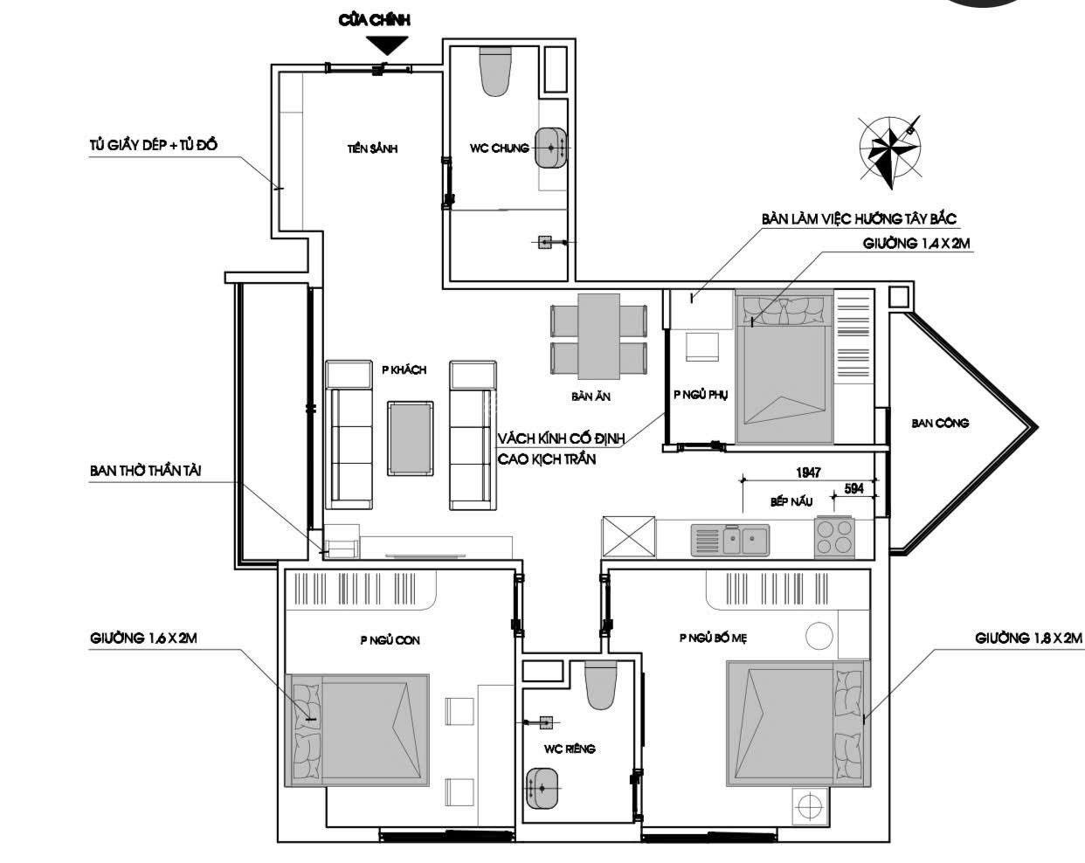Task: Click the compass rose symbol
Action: [x=890, y=151]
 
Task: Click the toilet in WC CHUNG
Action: [x=495, y=72]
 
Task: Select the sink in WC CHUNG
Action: [x=550, y=148]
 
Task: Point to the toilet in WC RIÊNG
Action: [x=601, y=685]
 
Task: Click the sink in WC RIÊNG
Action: [x=542, y=787]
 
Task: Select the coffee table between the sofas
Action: [x=410, y=438]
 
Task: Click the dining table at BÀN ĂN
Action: [x=598, y=336]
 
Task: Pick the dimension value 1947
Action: [x=808, y=473]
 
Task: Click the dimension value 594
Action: [x=853, y=488]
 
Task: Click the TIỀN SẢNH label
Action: [x=372, y=148]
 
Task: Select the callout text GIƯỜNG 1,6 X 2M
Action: [x=143, y=639]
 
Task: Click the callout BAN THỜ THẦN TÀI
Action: [x=145, y=471]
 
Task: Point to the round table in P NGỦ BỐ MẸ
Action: [x=819, y=635]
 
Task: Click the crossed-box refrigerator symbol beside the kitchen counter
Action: [x=629, y=537]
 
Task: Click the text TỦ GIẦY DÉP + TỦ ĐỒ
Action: [x=153, y=145]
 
